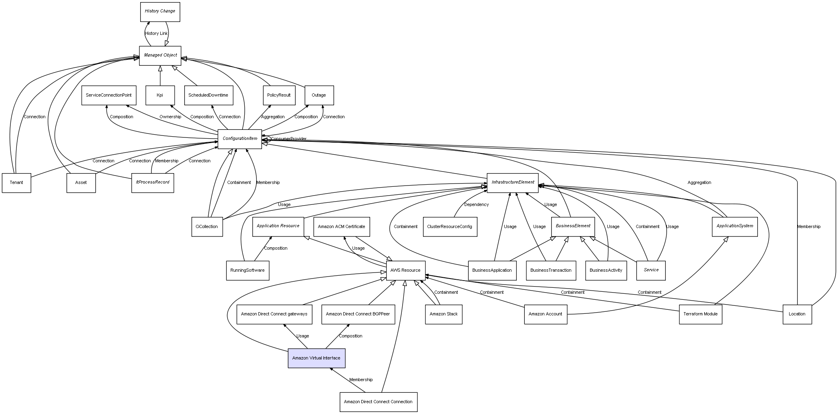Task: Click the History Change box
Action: coord(160,12)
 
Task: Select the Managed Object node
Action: coord(160,55)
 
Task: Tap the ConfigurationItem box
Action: coord(240,139)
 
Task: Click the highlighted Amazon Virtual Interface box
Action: coord(316,358)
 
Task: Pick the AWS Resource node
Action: coord(405,270)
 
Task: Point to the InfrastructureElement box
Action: coord(512,182)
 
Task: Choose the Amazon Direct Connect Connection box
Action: coord(378,402)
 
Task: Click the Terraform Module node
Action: coord(700,314)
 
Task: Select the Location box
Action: coord(797,314)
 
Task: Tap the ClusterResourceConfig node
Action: coord(449,226)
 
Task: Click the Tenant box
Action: coord(16,182)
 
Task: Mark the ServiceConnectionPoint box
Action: coord(109,95)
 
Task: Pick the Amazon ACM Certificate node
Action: coord(341,226)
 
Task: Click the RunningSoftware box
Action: coord(248,270)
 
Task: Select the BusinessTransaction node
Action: coord(551,270)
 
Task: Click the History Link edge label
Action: coord(156,34)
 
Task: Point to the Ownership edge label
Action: coord(170,117)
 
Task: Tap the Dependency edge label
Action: coord(476,205)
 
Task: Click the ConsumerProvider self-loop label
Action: coord(288,139)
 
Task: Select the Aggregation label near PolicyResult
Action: coord(273,117)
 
